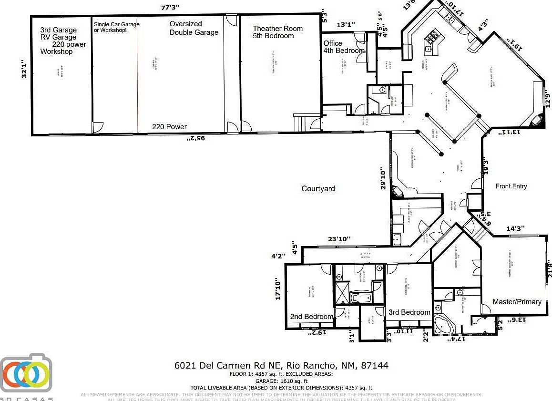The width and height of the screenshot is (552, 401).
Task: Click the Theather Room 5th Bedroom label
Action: [x=277, y=32]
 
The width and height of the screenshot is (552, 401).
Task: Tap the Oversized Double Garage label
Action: [x=194, y=28]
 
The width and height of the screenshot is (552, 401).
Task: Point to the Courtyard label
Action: [x=318, y=189]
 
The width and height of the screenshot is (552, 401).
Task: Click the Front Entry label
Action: [x=511, y=186]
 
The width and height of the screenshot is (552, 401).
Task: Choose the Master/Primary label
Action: [x=517, y=302]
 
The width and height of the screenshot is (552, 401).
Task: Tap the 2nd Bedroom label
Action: [x=311, y=317]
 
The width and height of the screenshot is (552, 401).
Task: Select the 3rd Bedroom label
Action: [x=409, y=312]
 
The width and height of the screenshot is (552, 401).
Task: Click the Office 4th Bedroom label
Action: [x=344, y=47]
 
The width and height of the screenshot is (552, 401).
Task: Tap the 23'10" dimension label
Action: [x=338, y=239]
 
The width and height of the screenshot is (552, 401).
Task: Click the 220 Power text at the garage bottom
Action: [x=169, y=127]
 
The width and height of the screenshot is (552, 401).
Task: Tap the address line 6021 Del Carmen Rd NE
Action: [x=281, y=366]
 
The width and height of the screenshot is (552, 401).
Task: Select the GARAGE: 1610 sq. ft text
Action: [x=281, y=381]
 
